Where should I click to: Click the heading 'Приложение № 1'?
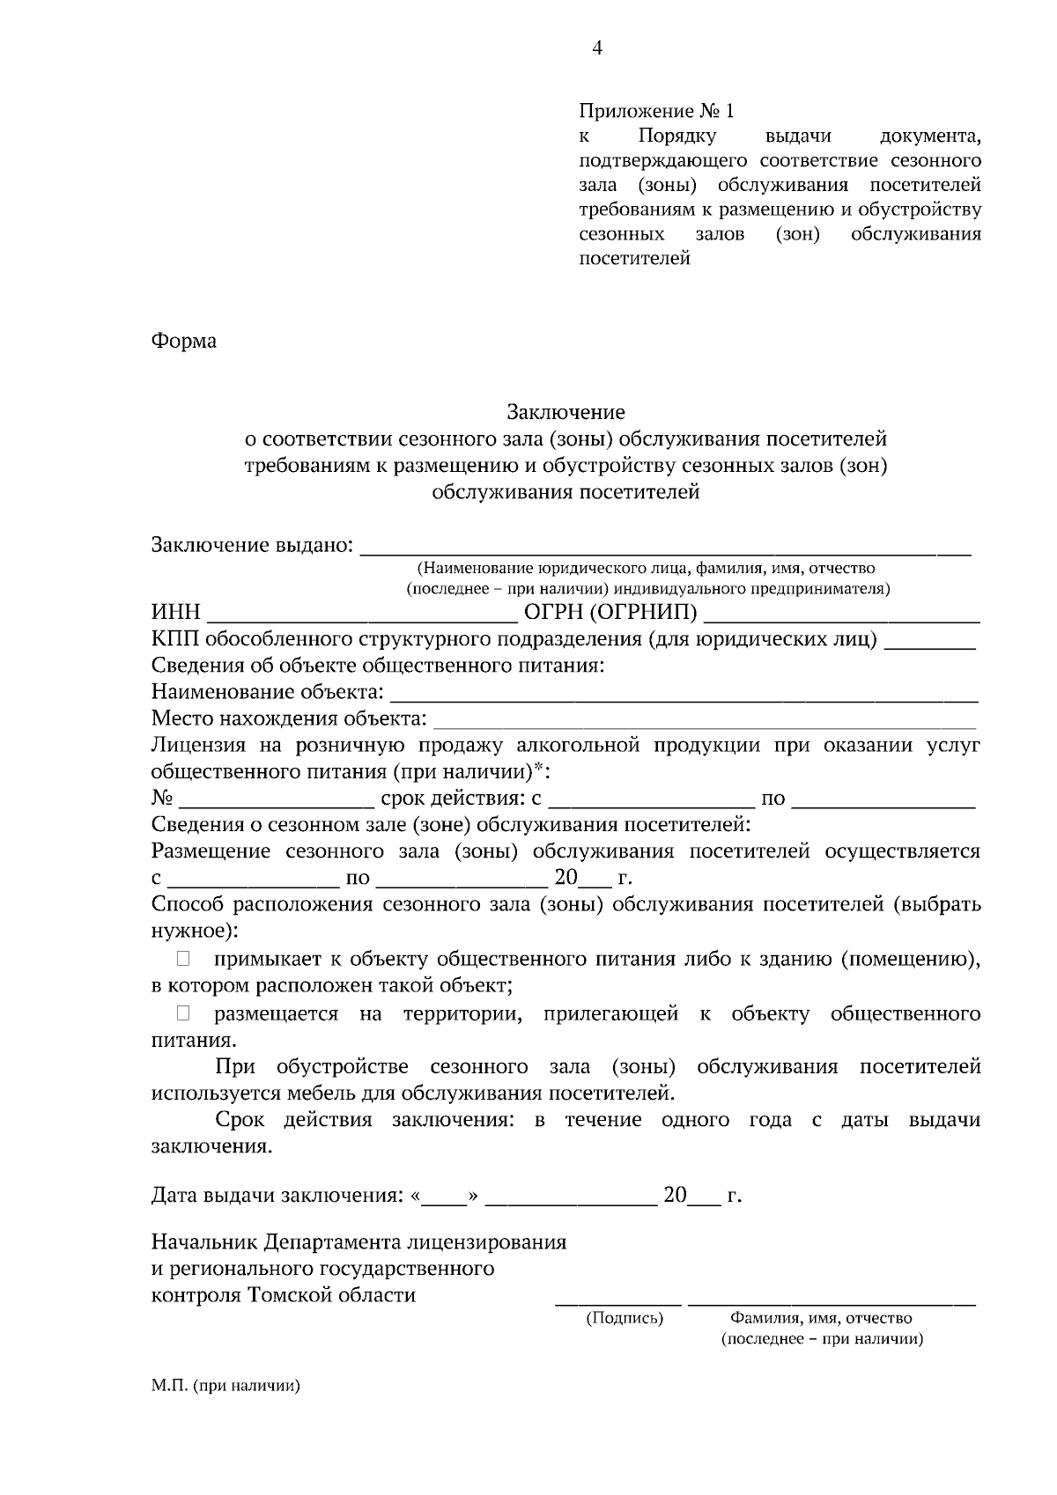pos(655,112)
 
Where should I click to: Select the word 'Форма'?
pos(183,341)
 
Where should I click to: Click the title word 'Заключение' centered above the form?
pos(565,411)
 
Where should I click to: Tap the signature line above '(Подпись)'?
pos(618,1298)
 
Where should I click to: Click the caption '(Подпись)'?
pos(625,1318)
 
